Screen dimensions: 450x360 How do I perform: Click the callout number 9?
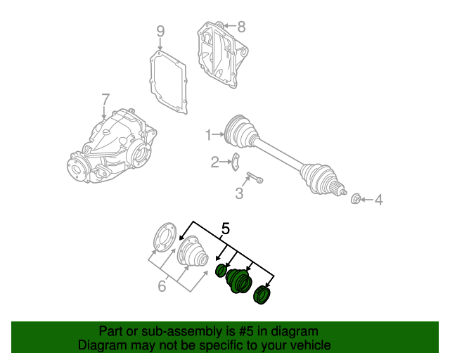pyautogui.click(x=160, y=32)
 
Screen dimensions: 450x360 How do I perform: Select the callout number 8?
pyautogui.click(x=241, y=27)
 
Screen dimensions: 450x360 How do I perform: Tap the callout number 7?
pyautogui.click(x=105, y=99)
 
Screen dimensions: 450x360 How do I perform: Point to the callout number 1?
pyautogui.click(x=209, y=134)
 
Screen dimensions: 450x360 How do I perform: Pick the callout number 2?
pyautogui.click(x=215, y=162)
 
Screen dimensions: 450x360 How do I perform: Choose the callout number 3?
pyautogui.click(x=239, y=193)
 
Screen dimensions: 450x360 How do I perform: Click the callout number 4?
pyautogui.click(x=379, y=200)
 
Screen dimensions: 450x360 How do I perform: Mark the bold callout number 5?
pyautogui.click(x=226, y=229)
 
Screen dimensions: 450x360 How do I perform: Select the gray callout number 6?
pyautogui.click(x=162, y=286)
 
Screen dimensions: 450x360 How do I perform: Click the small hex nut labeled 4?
pyautogui.click(x=356, y=199)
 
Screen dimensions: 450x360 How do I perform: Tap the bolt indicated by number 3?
pyautogui.click(x=255, y=177)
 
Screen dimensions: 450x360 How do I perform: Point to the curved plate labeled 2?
pyautogui.click(x=236, y=162)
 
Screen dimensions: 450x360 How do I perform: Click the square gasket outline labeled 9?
pyautogui.click(x=169, y=82)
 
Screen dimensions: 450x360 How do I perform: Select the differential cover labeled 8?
pyautogui.click(x=221, y=55)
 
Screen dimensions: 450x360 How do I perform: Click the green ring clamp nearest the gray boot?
pyautogui.click(x=221, y=271)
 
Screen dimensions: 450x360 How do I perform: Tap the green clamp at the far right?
pyautogui.click(x=262, y=295)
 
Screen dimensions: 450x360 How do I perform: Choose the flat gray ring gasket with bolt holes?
pyautogui.click(x=165, y=237)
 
